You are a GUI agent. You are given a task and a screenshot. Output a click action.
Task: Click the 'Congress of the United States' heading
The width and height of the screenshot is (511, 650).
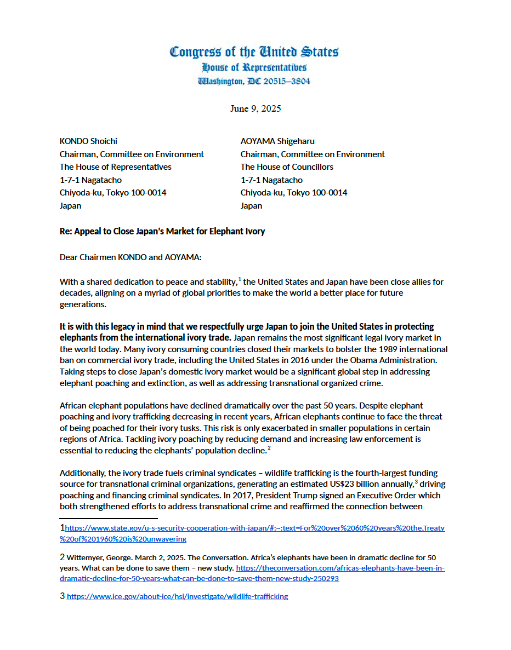click(x=254, y=52)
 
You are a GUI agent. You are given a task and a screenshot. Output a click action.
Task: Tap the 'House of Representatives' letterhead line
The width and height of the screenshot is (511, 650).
click(x=254, y=67)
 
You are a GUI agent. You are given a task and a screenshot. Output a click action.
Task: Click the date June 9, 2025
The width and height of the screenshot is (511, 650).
click(x=255, y=108)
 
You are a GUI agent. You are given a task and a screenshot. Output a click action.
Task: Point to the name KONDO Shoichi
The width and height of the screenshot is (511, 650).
click(x=88, y=141)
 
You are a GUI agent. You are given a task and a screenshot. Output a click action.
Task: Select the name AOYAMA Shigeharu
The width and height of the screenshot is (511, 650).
click(x=277, y=141)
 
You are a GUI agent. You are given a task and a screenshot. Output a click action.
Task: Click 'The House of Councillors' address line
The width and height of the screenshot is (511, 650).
click(x=287, y=167)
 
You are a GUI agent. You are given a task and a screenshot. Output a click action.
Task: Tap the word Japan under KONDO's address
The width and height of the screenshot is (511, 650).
click(x=70, y=206)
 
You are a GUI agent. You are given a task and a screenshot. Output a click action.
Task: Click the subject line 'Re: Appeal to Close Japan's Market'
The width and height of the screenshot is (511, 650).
click(x=162, y=231)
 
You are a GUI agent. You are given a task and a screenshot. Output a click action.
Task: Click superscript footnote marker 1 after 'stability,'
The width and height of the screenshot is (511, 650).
click(x=240, y=279)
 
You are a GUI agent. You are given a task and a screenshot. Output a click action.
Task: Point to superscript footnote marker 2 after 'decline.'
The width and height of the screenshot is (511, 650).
click(x=269, y=448)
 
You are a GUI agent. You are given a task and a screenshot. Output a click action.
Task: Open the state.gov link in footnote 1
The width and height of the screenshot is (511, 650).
click(x=254, y=528)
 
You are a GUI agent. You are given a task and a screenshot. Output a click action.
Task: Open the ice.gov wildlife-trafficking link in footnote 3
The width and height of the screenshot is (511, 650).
click(x=177, y=596)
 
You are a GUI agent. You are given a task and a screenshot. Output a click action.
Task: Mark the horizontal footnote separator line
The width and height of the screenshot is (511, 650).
click(x=109, y=517)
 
